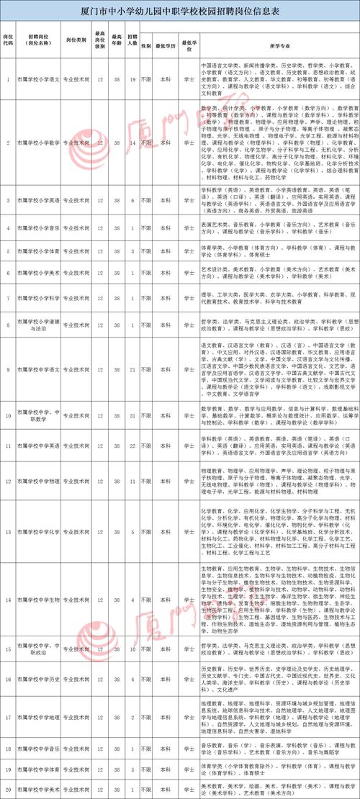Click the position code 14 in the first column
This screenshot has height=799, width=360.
(7, 600)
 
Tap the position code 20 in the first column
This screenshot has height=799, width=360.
(7, 790)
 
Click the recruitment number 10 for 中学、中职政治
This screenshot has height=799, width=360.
(132, 649)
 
